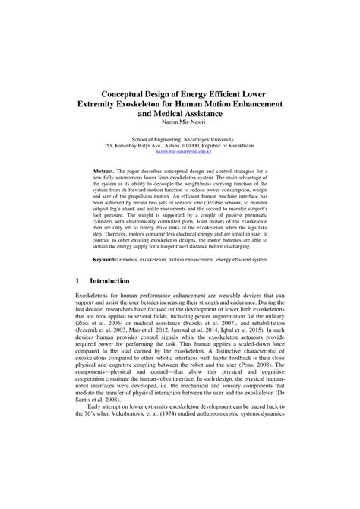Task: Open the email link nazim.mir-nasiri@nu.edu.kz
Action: [180, 152]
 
